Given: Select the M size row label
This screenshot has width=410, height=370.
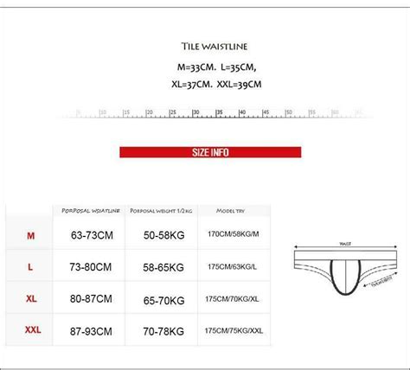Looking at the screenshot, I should click(30, 235).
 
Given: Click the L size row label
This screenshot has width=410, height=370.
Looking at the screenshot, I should click(30, 267).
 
